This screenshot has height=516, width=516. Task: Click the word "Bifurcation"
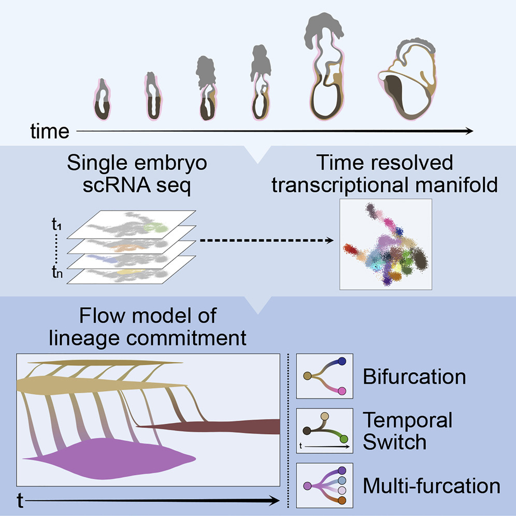coord(414,376)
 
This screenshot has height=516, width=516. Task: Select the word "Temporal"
coord(407,420)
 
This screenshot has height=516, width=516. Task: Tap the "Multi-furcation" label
coord(431,486)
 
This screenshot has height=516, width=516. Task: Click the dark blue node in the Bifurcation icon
coord(341,362)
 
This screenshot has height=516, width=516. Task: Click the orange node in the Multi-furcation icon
coord(342,500)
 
